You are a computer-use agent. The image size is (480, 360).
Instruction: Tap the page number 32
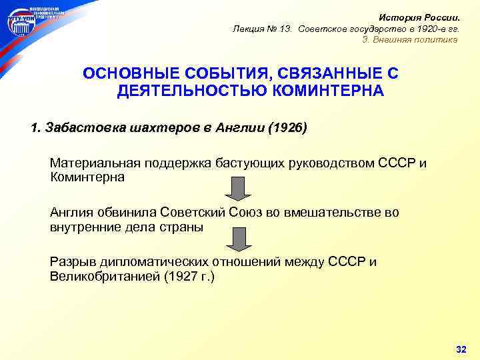(x=460, y=349)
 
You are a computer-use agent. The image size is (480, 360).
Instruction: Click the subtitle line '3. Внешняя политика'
(x=410, y=39)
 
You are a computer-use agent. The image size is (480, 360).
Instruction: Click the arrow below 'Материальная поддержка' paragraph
(x=237, y=189)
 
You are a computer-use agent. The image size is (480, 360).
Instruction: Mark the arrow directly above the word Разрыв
(x=237, y=237)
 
